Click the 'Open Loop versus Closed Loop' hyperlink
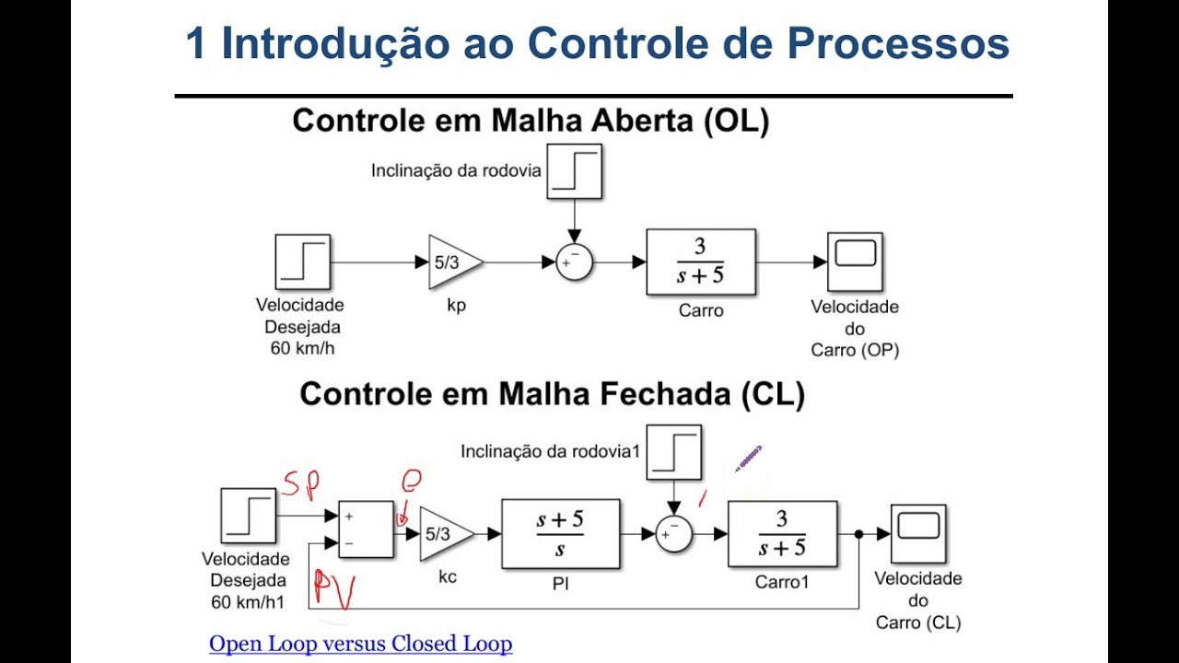pyautogui.click(x=360, y=644)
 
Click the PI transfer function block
pyautogui.click(x=560, y=533)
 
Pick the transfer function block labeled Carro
pyautogui.click(x=701, y=262)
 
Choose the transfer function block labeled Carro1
pyautogui.click(x=782, y=533)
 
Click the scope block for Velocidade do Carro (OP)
pyautogui.click(x=854, y=262)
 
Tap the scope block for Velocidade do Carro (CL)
pyautogui.click(x=918, y=533)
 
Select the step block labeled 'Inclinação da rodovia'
pyautogui.click(x=574, y=171)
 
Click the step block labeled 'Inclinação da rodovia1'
pyautogui.click(x=673, y=452)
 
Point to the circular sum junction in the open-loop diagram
pyautogui.click(x=574, y=262)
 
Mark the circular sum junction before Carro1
pyautogui.click(x=673, y=534)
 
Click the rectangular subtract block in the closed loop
pyautogui.click(x=366, y=529)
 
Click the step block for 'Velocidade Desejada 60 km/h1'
pyautogui.click(x=248, y=516)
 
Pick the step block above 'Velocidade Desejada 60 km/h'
pyautogui.click(x=302, y=262)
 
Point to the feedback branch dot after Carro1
pyautogui.click(x=858, y=534)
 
